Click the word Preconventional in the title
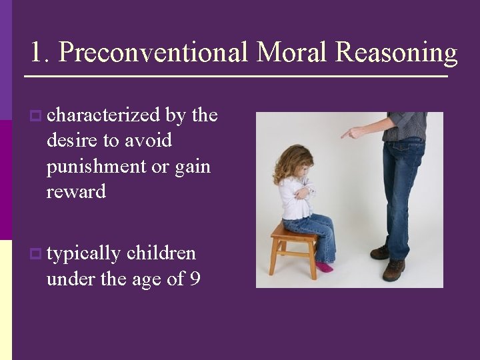pyautogui.click(x=153, y=53)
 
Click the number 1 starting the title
pyautogui.click(x=37, y=53)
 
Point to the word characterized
pyautogui.click(x=103, y=115)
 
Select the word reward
pyautogui.click(x=76, y=192)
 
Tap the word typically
pyautogui.click(x=84, y=254)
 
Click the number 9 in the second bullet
pyautogui.click(x=194, y=279)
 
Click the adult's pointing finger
pyautogui.click(x=347, y=134)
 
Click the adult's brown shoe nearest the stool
pyautogui.click(x=380, y=252)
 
